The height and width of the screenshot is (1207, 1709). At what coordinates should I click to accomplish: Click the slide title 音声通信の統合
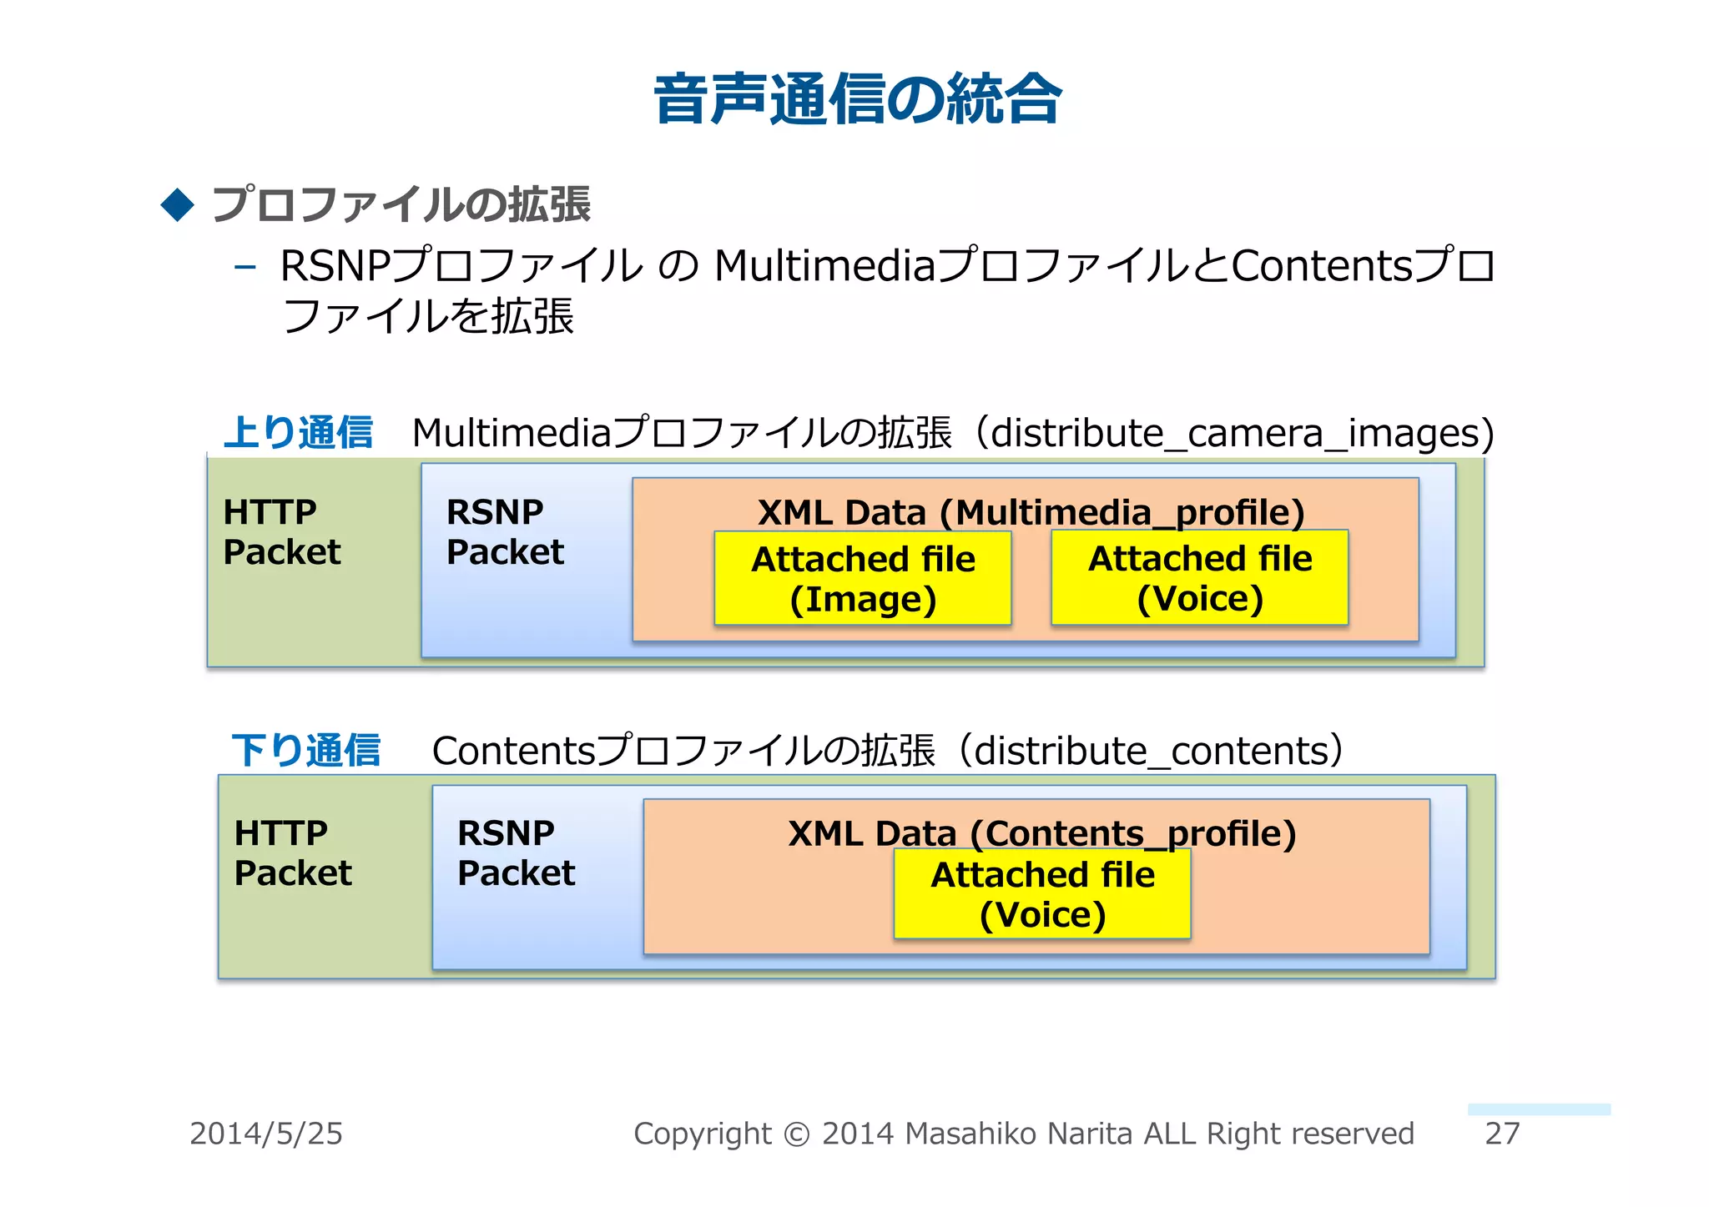857,100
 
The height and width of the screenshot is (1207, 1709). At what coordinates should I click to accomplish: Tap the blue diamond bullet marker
177,204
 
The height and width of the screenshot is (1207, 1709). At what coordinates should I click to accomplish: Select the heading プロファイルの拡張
401,204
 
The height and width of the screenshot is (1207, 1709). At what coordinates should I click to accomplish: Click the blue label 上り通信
298,433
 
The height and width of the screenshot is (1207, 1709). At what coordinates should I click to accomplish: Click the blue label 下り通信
305,750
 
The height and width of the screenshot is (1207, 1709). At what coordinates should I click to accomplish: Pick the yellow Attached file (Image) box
863,579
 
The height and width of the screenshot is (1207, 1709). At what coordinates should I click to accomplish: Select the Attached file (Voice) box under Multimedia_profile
1199,578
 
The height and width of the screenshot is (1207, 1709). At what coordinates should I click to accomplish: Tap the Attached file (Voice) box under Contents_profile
1042,895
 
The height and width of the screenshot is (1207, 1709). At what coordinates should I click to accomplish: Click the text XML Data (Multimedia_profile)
1031,511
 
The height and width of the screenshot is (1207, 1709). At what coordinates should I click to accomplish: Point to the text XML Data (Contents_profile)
1041,832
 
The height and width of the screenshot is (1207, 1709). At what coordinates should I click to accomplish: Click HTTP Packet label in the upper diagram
282,531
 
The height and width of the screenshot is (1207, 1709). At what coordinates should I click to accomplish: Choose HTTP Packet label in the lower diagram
293,852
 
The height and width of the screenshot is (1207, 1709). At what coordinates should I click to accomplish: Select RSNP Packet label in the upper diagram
505,531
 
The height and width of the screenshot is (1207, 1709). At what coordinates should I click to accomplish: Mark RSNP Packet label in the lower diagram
516,852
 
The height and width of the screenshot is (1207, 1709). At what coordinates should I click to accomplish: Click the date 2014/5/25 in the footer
266,1134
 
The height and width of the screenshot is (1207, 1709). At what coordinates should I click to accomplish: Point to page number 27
1502,1134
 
